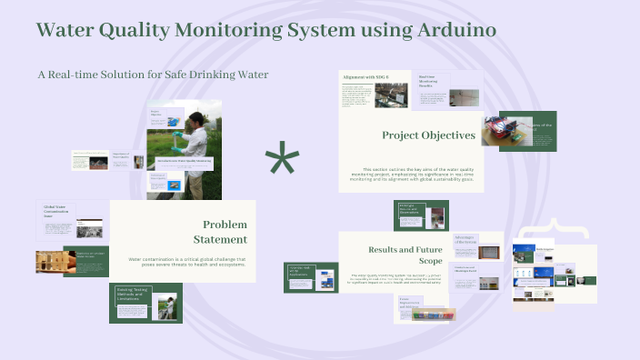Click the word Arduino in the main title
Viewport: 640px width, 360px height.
click(449, 30)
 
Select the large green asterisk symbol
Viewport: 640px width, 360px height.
click(282, 162)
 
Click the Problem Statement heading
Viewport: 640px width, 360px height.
click(224, 232)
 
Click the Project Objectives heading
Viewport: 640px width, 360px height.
click(428, 135)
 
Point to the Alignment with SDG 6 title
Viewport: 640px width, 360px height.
click(358, 78)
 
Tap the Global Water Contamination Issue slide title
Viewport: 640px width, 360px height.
click(56, 212)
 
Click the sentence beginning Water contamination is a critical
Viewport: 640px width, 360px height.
click(187, 261)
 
